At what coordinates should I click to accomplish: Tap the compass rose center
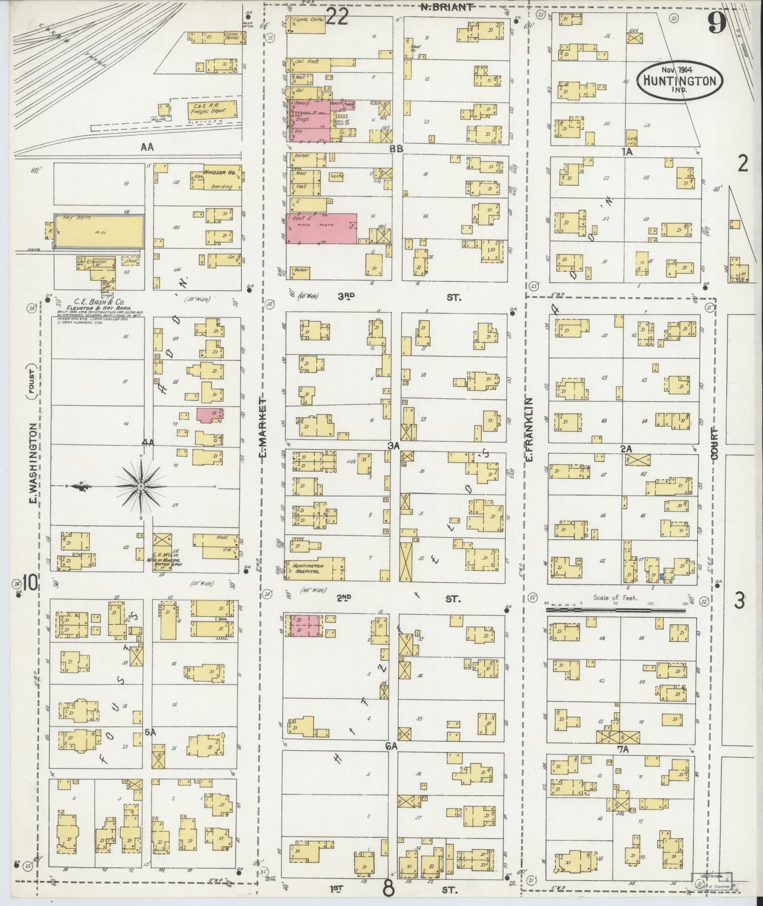point(142,486)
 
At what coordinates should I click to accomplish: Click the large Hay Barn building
point(100,231)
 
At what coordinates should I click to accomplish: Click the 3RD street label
point(346,297)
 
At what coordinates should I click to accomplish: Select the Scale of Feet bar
point(615,610)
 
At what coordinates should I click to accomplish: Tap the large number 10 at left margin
point(30,584)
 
